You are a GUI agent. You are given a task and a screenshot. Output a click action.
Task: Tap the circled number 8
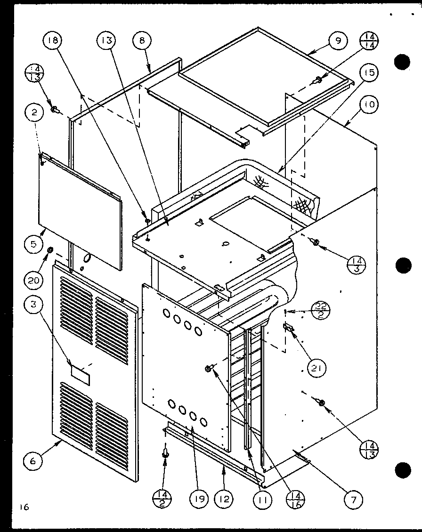coord(143,41)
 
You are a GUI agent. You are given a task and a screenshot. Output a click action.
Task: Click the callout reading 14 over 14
coord(369,41)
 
